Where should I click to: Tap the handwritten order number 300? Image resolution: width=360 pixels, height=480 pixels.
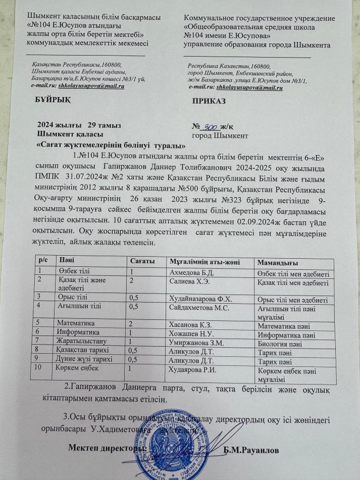pos(209,126)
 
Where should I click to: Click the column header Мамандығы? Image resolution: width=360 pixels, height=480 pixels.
pos(277,263)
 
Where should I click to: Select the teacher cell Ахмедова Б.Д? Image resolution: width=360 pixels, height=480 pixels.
pos(188,272)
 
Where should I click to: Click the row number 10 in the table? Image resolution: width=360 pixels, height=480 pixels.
pos(39,367)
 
